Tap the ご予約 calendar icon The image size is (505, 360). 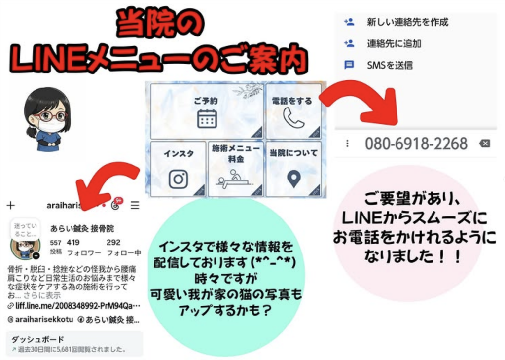coord(207,119)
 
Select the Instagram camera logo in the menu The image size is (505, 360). coord(178,179)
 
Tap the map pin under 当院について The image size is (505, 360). coord(294,178)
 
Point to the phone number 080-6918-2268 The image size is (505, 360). coord(416,144)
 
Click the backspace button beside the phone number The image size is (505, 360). coord(485,144)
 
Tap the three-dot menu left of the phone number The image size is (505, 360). coord(347,144)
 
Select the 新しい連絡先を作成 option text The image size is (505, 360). coord(407,22)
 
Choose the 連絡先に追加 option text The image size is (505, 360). coord(394,43)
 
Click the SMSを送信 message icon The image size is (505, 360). coord(349,65)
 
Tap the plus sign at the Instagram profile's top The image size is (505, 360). coord(11,205)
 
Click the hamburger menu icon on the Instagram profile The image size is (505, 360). coord(135,205)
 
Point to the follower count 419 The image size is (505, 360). coord(73,243)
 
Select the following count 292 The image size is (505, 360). coord(113,243)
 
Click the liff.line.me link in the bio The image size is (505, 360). coord(74,306)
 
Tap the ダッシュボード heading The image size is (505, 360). coord(37,339)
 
